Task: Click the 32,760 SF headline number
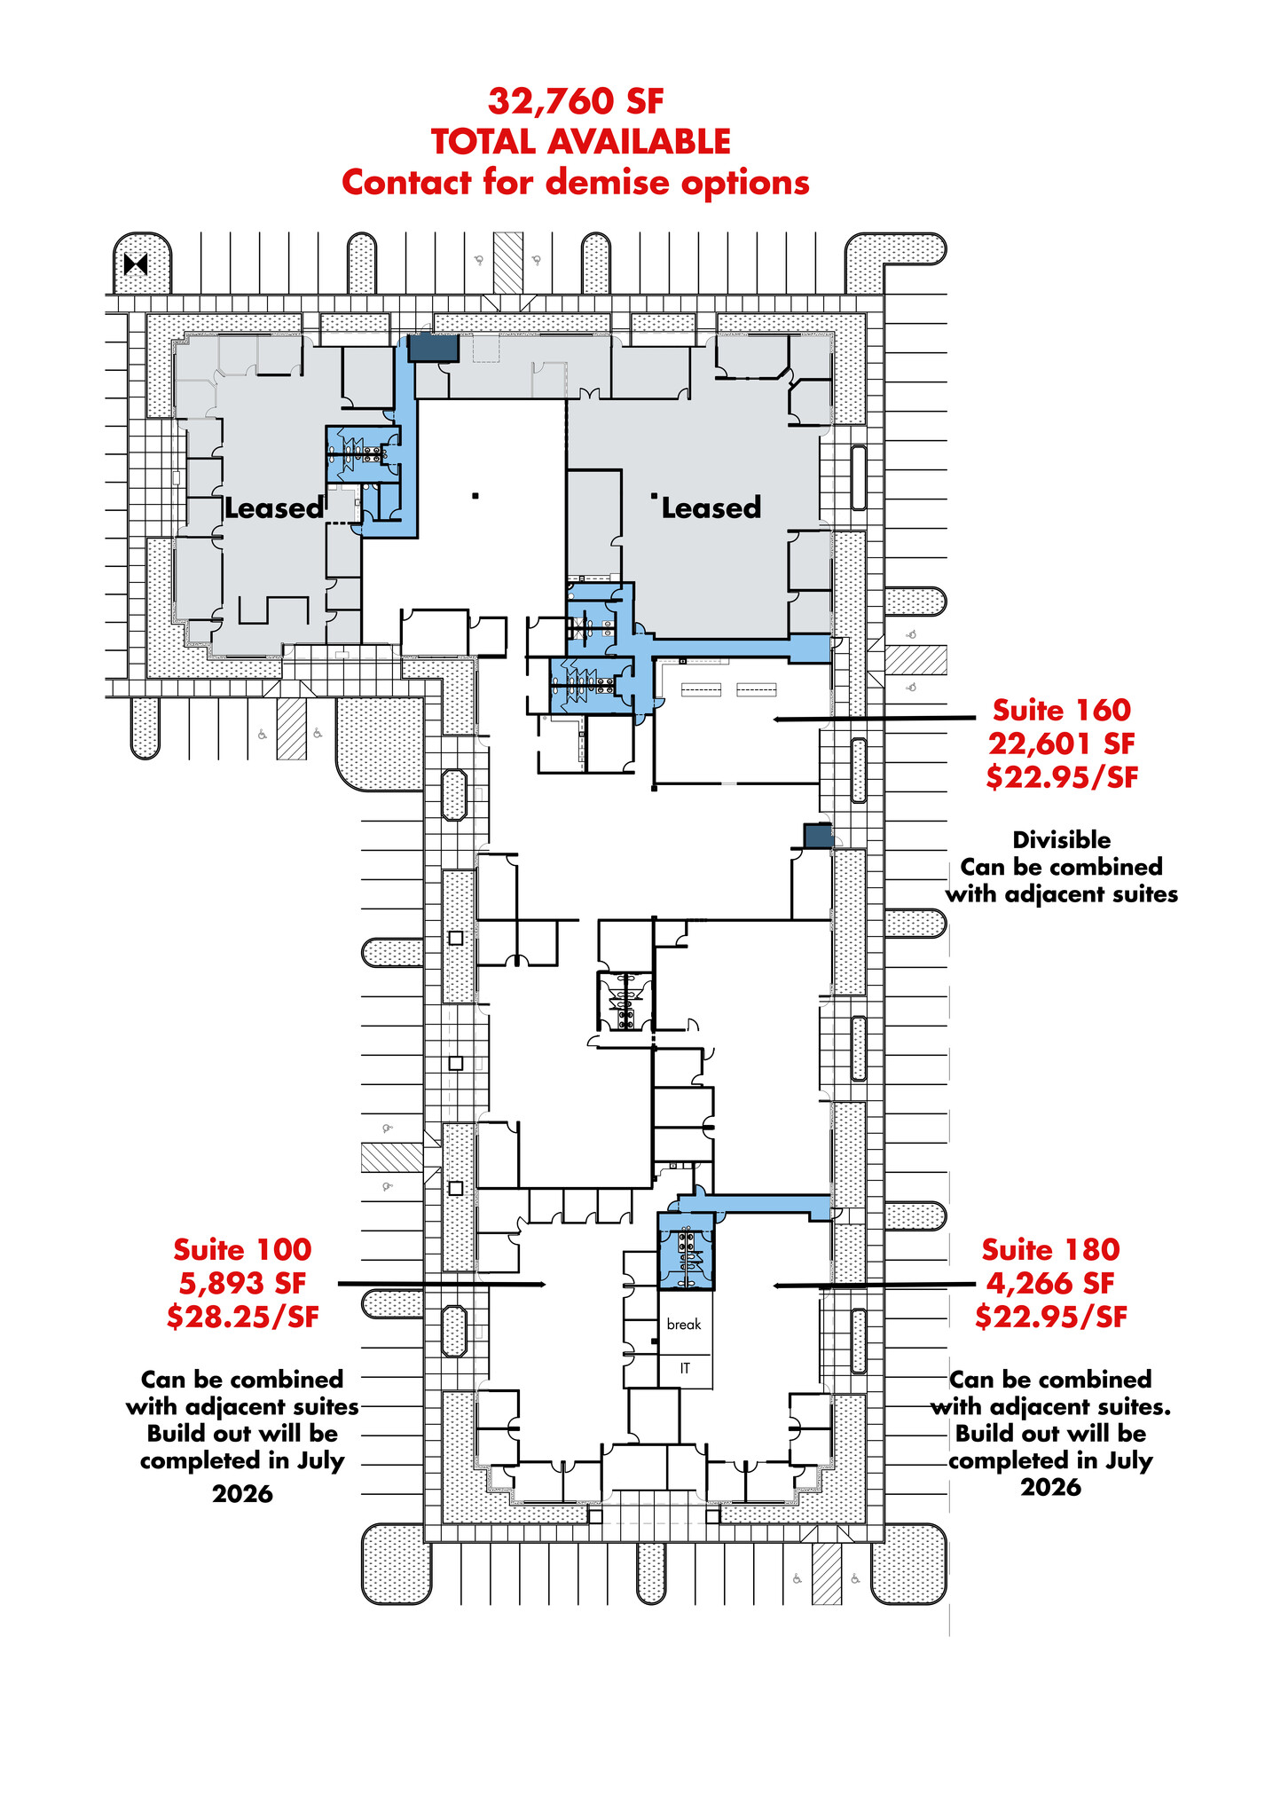[576, 101]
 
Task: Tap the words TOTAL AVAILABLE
[581, 142]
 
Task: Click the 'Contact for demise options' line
[576, 183]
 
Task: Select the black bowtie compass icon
[136, 264]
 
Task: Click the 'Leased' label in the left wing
[274, 508]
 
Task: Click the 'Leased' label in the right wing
[711, 508]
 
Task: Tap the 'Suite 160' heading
[1061, 710]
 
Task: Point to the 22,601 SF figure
[1061, 743]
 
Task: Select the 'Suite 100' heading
[242, 1249]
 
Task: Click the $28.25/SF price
[242, 1317]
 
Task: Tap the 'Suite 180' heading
[1050, 1249]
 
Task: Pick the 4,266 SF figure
[1050, 1283]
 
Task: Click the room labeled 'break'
[684, 1324]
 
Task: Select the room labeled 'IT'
[685, 1368]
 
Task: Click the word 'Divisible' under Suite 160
[1061, 839]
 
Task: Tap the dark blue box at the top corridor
[433, 348]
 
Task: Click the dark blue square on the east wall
[817, 836]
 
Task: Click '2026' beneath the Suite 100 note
[242, 1494]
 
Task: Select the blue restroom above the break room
[685, 1251]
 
